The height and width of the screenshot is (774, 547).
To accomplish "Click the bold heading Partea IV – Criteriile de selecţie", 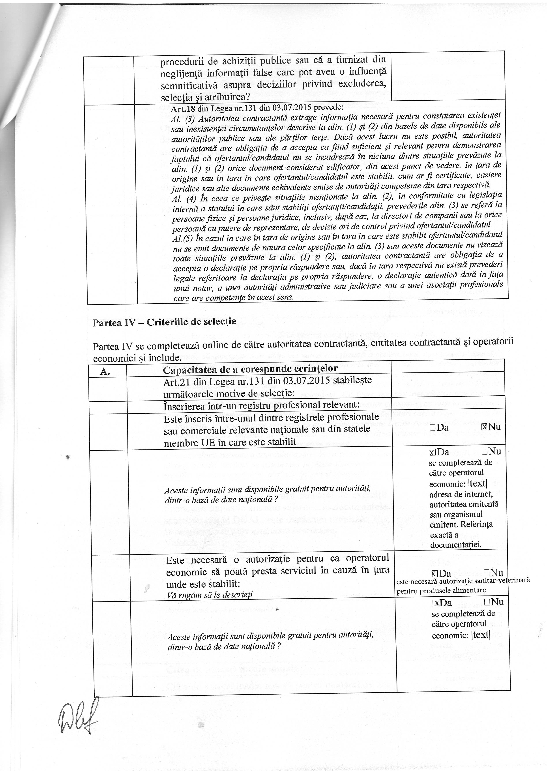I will pyautogui.click(x=165, y=321).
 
